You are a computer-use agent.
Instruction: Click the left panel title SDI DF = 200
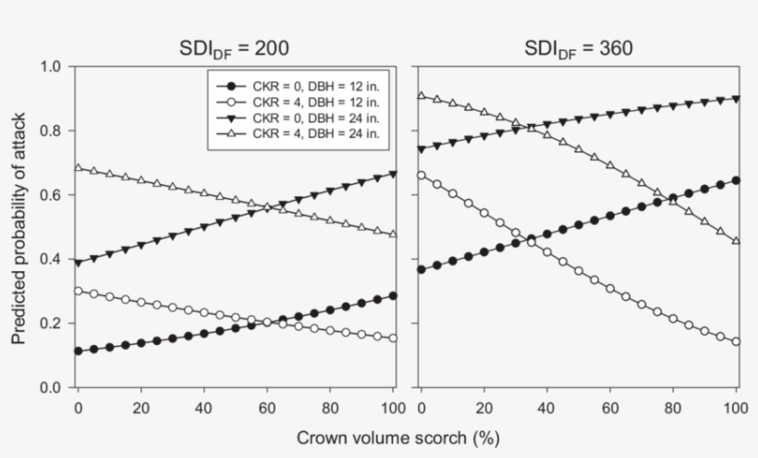(x=235, y=49)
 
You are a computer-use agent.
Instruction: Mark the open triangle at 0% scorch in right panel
(x=422, y=95)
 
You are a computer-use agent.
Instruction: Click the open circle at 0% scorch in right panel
(x=422, y=175)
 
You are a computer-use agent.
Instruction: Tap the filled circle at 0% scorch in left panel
(x=78, y=351)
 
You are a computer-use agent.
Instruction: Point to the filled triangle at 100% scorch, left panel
(x=393, y=174)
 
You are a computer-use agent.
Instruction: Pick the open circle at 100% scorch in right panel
(x=736, y=341)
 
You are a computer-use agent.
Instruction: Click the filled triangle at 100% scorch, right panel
(x=736, y=98)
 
